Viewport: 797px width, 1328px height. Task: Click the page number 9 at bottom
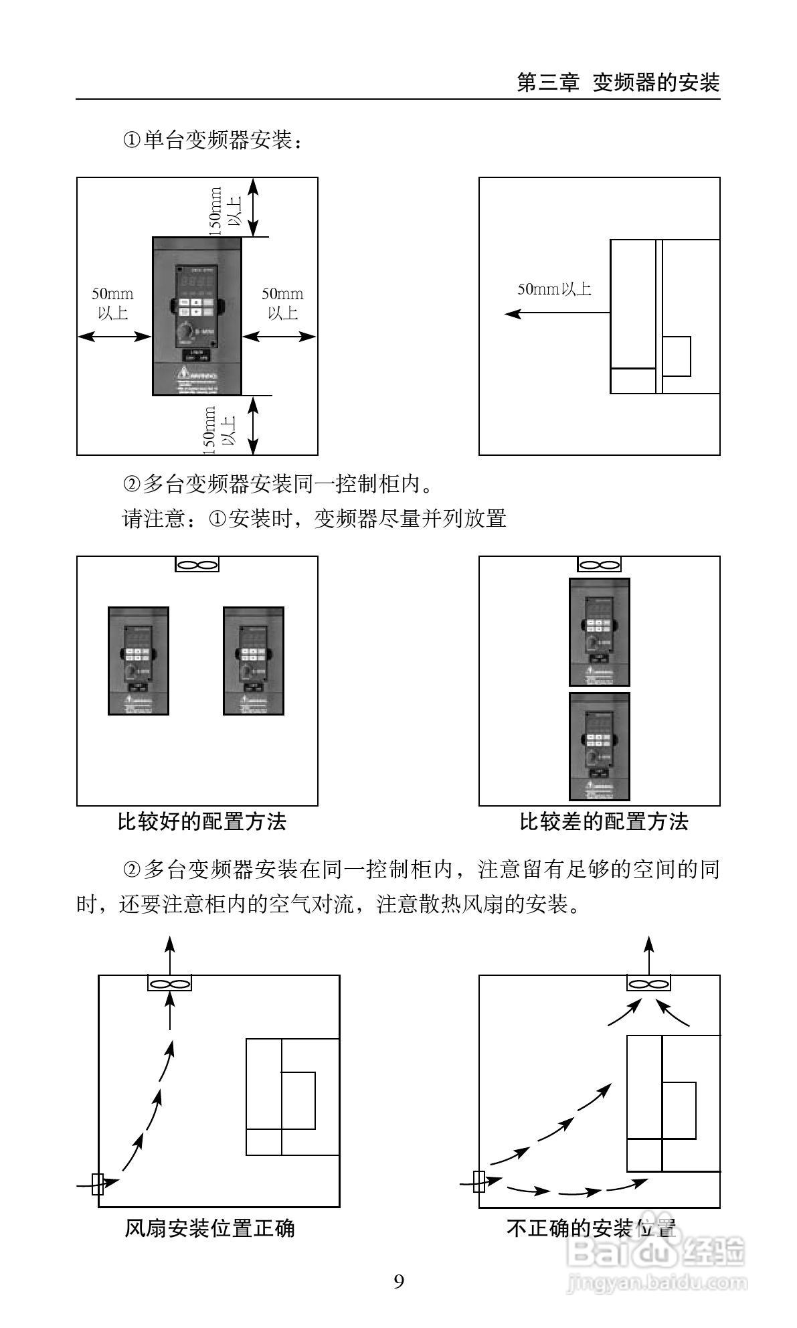[399, 1281]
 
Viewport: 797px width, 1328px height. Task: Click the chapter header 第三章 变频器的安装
[618, 82]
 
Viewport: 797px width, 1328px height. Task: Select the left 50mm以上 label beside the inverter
[112, 303]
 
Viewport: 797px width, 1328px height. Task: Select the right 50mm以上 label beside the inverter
[282, 303]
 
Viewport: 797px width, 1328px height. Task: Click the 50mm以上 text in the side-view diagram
[555, 289]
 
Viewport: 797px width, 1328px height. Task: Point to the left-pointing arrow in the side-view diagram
[555, 313]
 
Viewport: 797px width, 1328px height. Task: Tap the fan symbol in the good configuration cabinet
[197, 565]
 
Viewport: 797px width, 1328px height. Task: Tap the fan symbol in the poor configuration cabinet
[599, 565]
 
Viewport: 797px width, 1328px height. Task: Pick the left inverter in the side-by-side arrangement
[139, 661]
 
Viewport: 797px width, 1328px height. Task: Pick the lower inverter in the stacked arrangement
[599, 746]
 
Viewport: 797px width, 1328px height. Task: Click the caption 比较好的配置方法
[202, 821]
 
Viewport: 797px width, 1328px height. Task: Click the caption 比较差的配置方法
[604, 821]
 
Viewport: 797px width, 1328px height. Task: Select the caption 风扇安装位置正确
[209, 1228]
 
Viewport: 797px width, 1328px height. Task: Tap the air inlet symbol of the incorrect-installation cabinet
[479, 1181]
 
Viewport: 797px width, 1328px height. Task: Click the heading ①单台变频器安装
[213, 141]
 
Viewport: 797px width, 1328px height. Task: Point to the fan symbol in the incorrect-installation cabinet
[648, 984]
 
